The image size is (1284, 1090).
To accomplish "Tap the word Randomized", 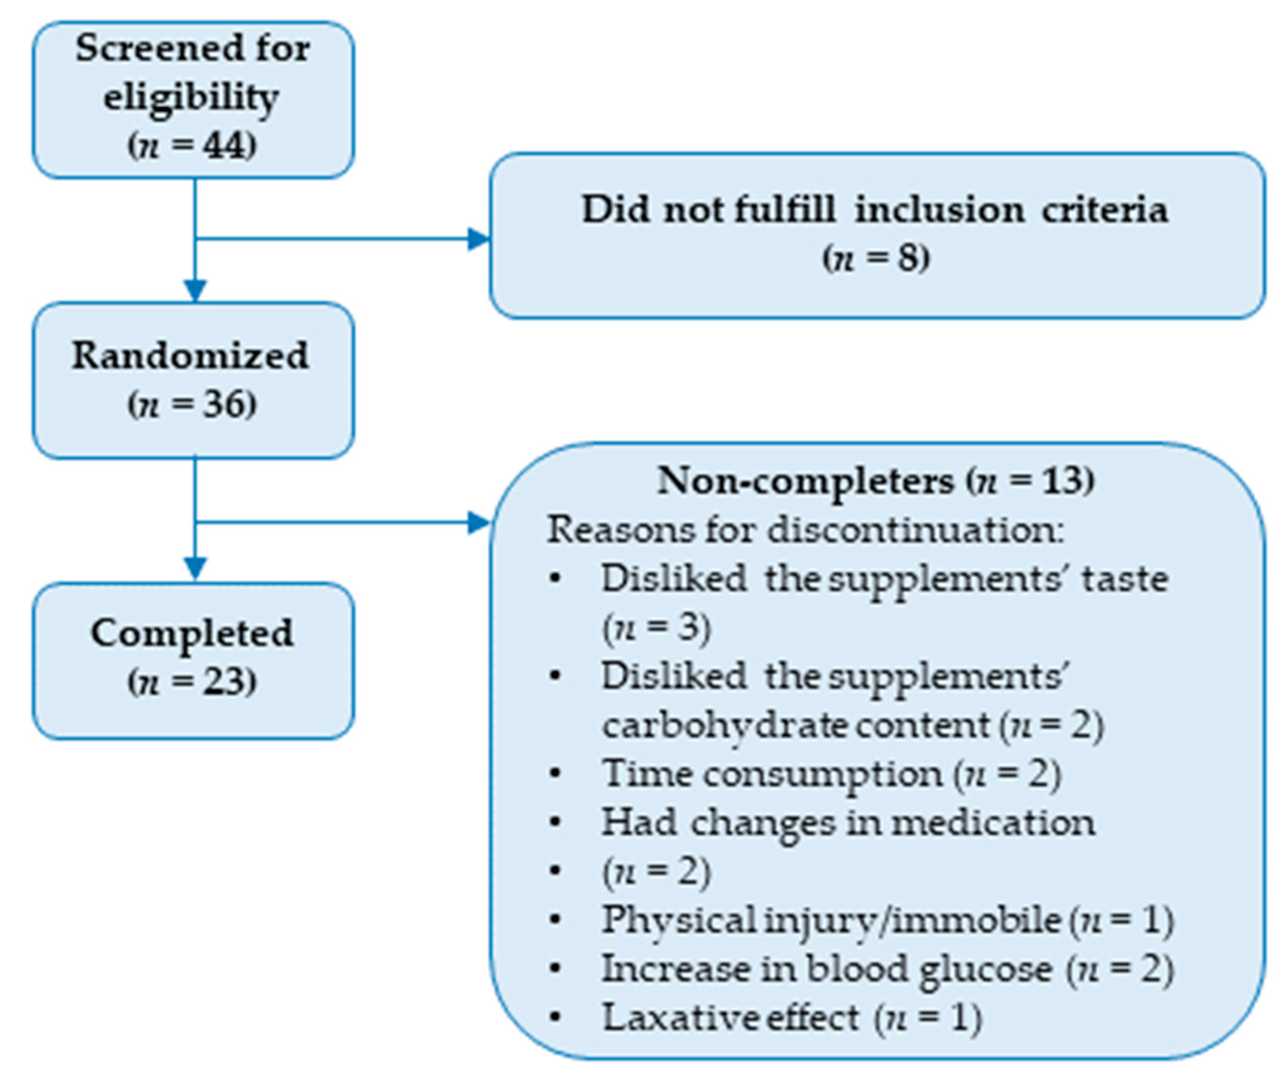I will (x=190, y=356).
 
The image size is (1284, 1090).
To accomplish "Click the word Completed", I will (x=192, y=633).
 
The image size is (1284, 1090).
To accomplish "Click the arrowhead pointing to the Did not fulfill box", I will (x=479, y=238).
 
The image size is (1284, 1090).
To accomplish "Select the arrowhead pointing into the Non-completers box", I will (x=479, y=523).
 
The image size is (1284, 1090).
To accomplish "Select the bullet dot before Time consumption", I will (x=555, y=773).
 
